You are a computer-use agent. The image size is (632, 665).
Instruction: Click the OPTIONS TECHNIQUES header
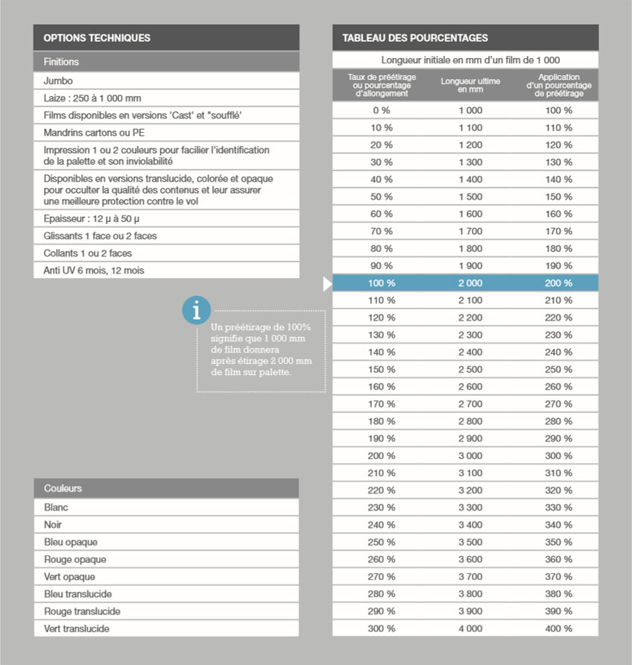97,38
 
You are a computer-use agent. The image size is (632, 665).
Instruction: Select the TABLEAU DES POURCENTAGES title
415,38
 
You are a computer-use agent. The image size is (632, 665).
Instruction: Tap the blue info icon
196,309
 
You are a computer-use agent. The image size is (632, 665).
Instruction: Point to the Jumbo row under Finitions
58,81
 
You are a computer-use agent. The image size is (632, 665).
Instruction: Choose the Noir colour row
53,525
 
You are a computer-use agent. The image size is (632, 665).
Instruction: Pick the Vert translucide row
77,628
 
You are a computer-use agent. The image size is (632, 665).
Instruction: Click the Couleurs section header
63,488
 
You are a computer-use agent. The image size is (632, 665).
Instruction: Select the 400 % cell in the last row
558,628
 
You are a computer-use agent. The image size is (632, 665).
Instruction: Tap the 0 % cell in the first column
382,110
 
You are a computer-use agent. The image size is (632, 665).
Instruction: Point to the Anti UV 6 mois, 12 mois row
93,271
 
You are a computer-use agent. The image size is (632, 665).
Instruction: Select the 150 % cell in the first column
382,370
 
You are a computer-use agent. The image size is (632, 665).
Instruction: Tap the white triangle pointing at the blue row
327,284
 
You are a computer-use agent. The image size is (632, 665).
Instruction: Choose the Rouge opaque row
75,559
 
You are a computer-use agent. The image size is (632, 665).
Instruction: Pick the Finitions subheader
61,62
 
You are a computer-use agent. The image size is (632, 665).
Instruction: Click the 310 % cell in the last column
558,473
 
